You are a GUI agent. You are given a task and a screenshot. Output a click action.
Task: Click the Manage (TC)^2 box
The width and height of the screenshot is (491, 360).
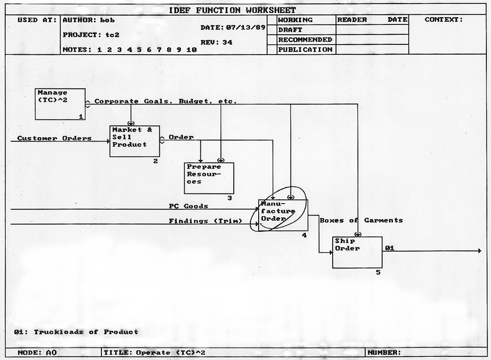pyautogui.click(x=60, y=104)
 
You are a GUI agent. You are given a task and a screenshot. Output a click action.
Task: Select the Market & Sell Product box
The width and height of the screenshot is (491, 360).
pyautogui.click(x=134, y=141)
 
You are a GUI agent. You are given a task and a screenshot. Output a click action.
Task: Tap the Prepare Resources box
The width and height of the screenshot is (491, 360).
pyautogui.click(x=209, y=178)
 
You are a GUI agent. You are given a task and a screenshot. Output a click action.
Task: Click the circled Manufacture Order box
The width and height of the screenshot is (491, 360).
pyautogui.click(x=283, y=215)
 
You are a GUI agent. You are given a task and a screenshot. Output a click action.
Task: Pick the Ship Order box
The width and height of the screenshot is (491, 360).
pyautogui.click(x=357, y=252)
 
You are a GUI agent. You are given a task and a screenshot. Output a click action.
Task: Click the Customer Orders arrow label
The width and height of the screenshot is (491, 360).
pyautogui.click(x=54, y=138)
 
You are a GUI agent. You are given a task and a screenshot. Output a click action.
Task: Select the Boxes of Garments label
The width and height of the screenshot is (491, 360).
pyautogui.click(x=361, y=220)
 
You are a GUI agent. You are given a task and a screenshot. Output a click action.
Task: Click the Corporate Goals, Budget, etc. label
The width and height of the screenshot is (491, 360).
pyautogui.click(x=165, y=101)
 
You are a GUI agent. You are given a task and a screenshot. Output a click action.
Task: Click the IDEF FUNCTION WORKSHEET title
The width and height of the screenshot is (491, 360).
pyautogui.click(x=232, y=10)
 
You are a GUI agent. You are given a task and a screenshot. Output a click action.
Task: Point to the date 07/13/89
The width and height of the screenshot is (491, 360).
pyautogui.click(x=245, y=28)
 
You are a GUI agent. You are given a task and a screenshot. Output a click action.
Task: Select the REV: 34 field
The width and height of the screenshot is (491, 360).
pyautogui.click(x=216, y=43)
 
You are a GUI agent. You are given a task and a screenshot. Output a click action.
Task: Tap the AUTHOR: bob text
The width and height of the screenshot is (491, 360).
pyautogui.click(x=88, y=20)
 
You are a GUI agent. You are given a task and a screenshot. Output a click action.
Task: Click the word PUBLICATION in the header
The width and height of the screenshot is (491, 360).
pyautogui.click(x=305, y=50)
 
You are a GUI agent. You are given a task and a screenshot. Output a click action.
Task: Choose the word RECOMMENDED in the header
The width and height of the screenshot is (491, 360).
pyautogui.click(x=305, y=40)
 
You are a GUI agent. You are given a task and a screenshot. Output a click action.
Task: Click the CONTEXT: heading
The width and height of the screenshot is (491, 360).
pyautogui.click(x=443, y=20)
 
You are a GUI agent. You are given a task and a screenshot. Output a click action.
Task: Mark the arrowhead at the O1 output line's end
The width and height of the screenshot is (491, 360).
pyautogui.click(x=479, y=251)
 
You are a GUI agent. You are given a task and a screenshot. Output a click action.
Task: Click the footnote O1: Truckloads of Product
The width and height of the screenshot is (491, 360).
pyautogui.click(x=76, y=332)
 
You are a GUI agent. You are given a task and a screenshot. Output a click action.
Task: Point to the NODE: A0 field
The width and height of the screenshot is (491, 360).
pyautogui.click(x=37, y=353)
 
